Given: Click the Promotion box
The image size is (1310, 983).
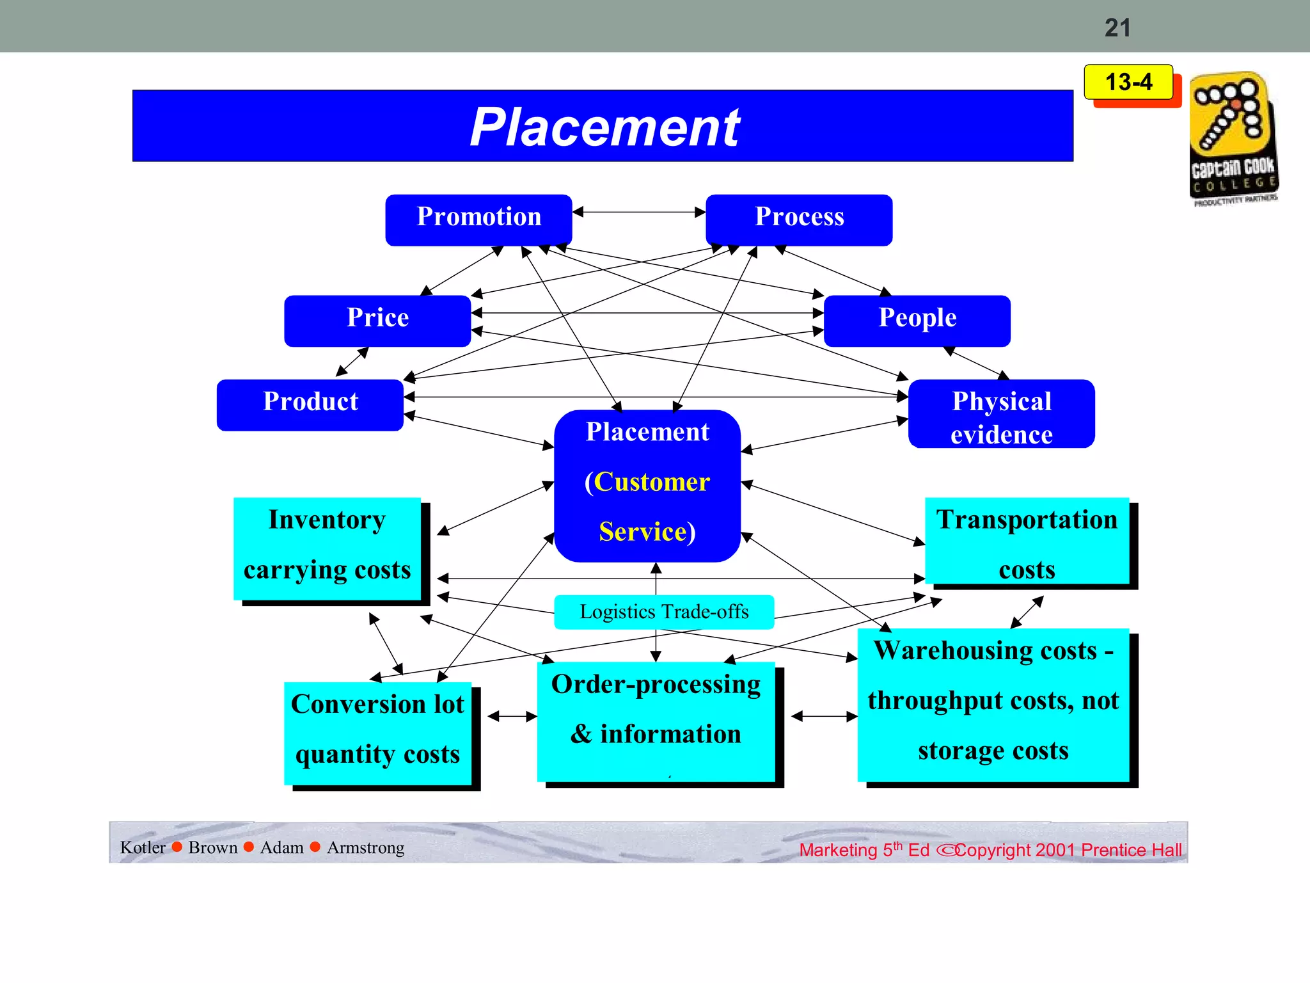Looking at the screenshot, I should (478, 220).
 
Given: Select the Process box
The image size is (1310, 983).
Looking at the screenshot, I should (799, 220).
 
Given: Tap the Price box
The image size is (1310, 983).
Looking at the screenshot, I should (377, 321).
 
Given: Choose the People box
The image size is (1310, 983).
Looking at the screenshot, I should (917, 321).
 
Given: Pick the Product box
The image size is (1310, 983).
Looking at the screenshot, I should (310, 404).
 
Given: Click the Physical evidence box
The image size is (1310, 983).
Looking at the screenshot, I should (1001, 414).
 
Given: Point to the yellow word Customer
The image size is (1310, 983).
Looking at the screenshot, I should (652, 482).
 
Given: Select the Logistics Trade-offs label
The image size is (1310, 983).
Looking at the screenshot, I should (664, 612).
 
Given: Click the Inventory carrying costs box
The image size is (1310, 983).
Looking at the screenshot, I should (327, 548).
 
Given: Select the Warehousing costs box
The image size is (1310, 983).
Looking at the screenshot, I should (993, 704).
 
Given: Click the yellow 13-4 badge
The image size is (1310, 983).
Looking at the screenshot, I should (1128, 82).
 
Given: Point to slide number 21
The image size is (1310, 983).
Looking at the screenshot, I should (1117, 28).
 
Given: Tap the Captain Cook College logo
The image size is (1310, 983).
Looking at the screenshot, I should (1233, 138).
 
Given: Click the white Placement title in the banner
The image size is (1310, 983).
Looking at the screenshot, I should (604, 127).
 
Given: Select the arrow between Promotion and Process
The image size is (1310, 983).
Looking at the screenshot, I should (639, 212).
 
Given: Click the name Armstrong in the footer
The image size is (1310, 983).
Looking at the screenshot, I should (365, 847).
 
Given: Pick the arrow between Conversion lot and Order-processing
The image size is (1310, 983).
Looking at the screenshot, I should (512, 716).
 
